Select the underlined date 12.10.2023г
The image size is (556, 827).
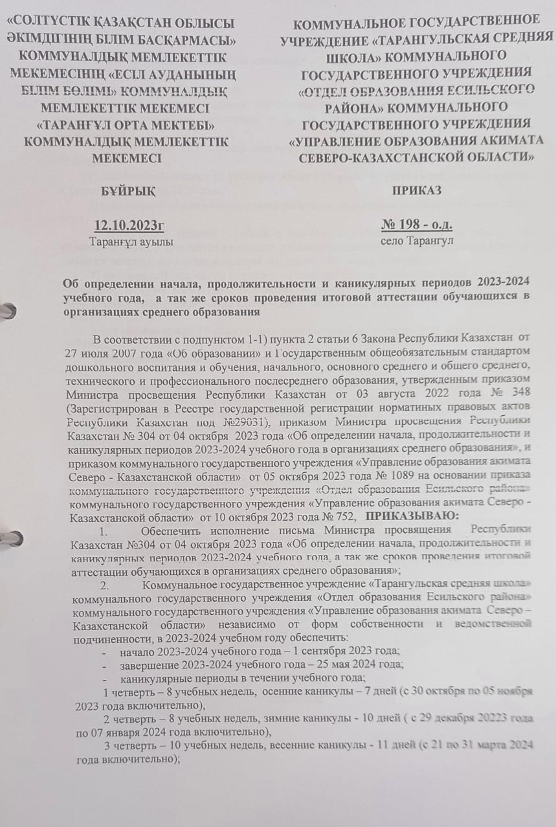(x=129, y=225)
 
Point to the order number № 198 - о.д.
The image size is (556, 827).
(x=417, y=225)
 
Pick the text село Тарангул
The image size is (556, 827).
(x=417, y=241)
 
